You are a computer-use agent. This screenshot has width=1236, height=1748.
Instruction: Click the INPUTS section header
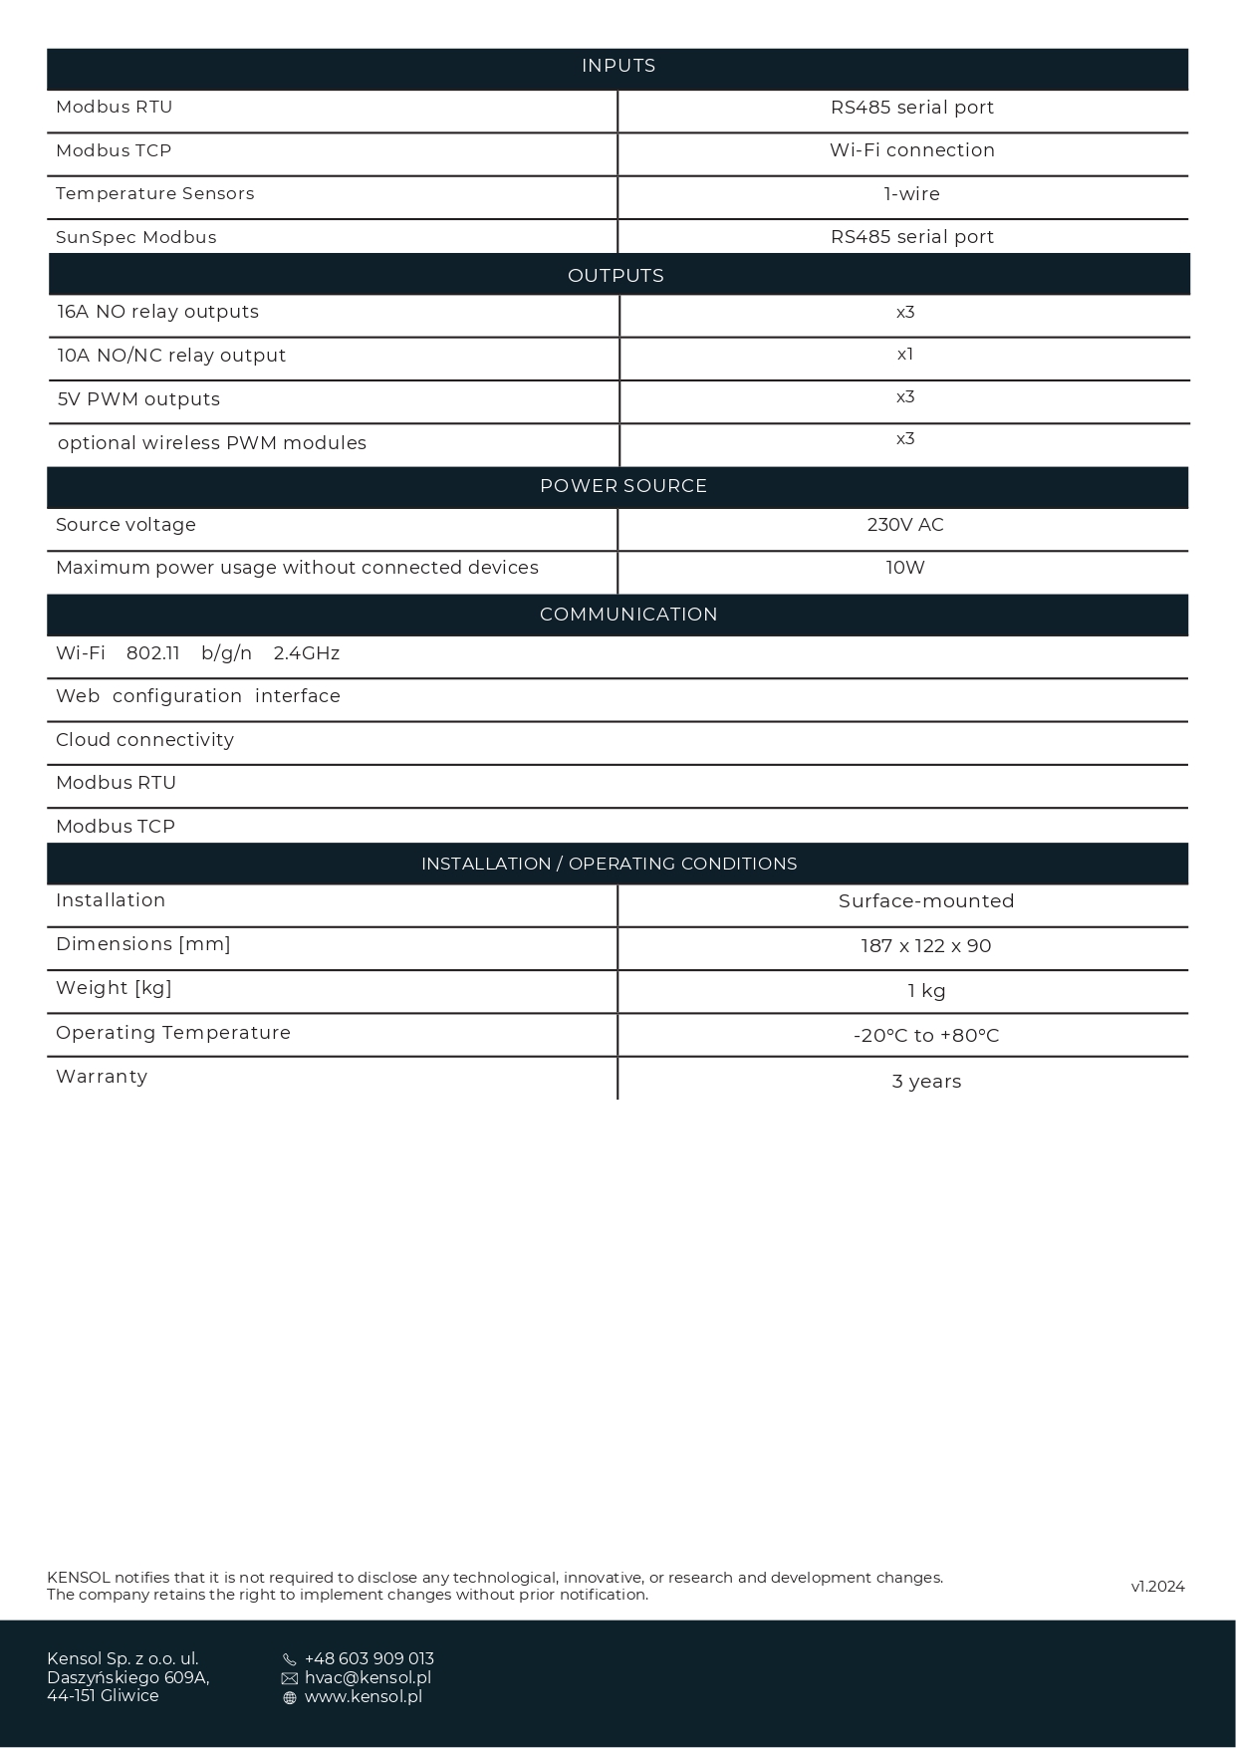tap(618, 67)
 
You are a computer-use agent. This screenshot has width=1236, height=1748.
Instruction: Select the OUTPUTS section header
tap(616, 276)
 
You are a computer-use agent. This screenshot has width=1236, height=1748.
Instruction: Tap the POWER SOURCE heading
tap(623, 486)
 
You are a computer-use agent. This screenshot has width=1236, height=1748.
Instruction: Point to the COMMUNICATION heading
tap(628, 615)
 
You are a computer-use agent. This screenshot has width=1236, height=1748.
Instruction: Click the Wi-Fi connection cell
tap(912, 150)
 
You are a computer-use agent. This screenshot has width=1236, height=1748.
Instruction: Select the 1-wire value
tap(912, 194)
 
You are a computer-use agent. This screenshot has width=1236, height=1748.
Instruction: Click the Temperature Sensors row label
tap(155, 193)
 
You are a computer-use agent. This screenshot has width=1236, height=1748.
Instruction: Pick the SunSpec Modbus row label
tap(136, 237)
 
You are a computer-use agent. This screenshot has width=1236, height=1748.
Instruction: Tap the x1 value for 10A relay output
tap(905, 355)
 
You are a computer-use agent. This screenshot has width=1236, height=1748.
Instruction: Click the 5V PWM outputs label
tap(138, 399)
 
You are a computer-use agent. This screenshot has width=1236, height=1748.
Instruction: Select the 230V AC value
tap(905, 525)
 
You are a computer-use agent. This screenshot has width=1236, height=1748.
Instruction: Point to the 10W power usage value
tap(905, 568)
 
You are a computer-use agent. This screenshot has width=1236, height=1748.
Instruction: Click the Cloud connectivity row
tap(145, 740)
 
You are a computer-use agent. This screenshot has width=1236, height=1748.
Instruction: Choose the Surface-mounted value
tap(926, 901)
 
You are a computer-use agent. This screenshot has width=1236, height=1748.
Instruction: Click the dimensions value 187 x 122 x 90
tap(926, 946)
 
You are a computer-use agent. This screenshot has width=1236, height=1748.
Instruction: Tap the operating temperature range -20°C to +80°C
tap(926, 1036)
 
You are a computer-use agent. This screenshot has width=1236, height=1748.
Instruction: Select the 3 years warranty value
tap(926, 1082)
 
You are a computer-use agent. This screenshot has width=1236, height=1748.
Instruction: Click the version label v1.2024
tap(1157, 1587)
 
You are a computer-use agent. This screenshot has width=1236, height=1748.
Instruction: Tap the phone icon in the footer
tap(290, 1659)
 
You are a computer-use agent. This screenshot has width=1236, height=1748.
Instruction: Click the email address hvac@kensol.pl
tap(368, 1677)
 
